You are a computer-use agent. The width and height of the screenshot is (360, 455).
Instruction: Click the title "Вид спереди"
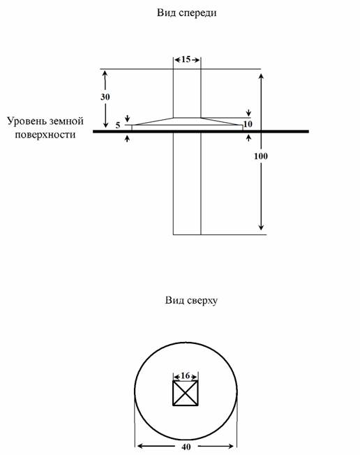coord(187,13)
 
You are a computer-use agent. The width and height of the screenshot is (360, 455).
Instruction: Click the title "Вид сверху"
coord(191,300)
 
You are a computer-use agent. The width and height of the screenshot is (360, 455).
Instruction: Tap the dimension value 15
coord(186,59)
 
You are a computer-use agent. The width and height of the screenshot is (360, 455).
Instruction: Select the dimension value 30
coord(105,96)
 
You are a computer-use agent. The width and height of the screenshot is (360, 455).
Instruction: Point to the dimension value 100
coord(261,156)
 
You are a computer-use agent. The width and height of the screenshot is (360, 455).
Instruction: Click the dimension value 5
coord(118,126)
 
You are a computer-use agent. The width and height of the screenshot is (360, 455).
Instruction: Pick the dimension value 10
coord(248,124)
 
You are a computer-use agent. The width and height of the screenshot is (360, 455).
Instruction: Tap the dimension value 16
coord(186,375)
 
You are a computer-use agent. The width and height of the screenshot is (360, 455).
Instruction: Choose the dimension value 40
coord(186,447)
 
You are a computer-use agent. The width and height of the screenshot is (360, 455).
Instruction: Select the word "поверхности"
coord(45,135)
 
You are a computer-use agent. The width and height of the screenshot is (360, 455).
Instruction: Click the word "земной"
coord(66,121)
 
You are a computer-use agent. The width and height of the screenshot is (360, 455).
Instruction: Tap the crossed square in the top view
coord(186,393)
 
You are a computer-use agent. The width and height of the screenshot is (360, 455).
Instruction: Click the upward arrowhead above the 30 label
coord(105,73)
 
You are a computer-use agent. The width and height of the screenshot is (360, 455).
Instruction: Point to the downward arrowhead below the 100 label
coord(261,227)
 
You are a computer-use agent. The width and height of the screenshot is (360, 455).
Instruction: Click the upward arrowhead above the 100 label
coord(261,77)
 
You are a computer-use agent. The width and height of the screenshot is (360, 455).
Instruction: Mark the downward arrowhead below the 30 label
coord(105,125)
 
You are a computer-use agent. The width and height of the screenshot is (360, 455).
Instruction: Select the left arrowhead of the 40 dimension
coord(140,446)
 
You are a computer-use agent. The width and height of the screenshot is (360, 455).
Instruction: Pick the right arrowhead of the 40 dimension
coord(231,446)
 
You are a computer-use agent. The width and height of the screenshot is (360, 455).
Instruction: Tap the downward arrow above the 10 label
coord(248,112)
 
